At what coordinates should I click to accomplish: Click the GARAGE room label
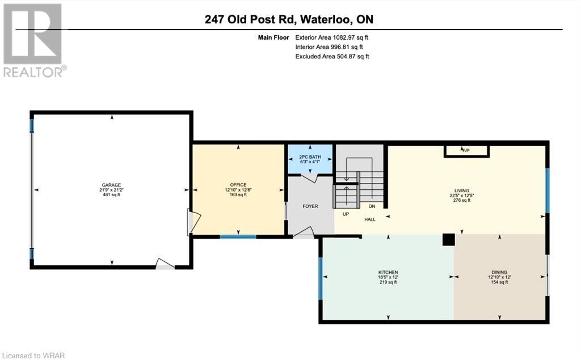[x=112, y=185]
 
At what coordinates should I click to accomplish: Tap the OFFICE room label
[x=238, y=185]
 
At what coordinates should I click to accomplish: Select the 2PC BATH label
[x=310, y=156]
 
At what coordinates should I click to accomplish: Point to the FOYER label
[x=310, y=206]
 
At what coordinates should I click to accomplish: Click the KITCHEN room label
[x=388, y=272]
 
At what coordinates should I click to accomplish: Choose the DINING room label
[x=499, y=272]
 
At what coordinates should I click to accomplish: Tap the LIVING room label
[x=462, y=190]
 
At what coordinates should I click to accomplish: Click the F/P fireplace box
[x=467, y=151]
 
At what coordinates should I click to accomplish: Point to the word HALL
[x=370, y=219]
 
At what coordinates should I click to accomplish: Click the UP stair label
[x=346, y=214]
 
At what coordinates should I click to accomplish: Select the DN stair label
[x=372, y=206]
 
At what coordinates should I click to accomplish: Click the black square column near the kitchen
[x=448, y=240]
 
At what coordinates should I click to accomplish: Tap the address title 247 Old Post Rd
[x=250, y=19]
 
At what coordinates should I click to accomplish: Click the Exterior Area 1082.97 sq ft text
[x=331, y=37]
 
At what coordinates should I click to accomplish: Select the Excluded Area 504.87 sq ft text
[x=332, y=56]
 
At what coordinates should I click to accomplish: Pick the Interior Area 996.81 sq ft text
[x=329, y=47]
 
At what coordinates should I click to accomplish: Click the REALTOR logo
[x=33, y=40]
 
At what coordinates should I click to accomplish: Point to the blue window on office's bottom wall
[x=238, y=236]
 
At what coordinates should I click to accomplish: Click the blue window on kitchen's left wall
[x=321, y=278]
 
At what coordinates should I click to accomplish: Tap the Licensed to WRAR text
[x=32, y=355]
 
